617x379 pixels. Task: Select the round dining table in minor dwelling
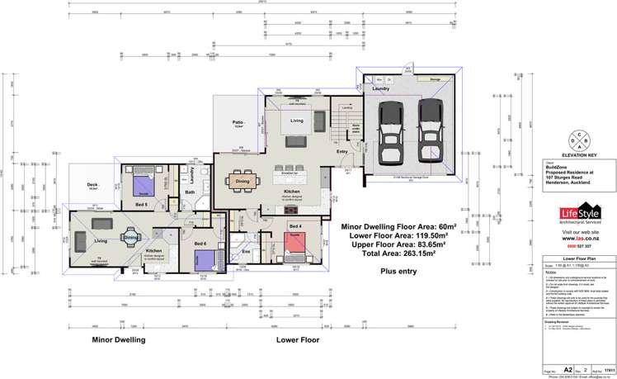coord(130,238)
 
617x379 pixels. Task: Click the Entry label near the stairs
coord(341,150)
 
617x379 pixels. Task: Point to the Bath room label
coord(189,192)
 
